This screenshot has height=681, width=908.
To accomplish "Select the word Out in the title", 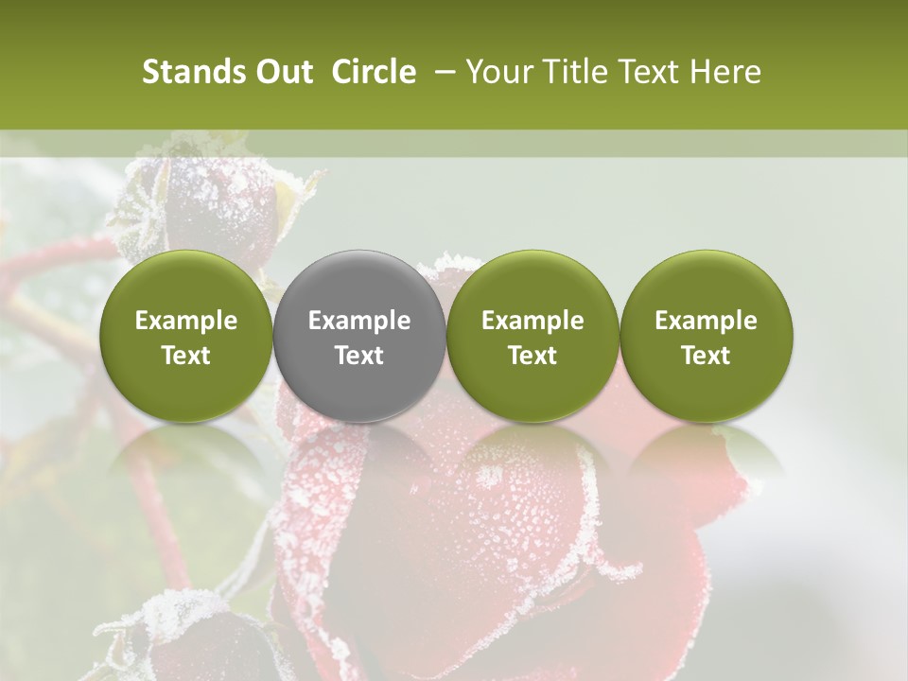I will click(x=282, y=72).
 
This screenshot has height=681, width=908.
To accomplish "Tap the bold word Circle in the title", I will click(x=374, y=72).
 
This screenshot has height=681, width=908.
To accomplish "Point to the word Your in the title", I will click(x=499, y=72).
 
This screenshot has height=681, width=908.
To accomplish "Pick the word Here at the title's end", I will click(x=726, y=72).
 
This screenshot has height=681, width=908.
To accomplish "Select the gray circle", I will click(x=359, y=336).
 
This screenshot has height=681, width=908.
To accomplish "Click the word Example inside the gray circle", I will click(x=359, y=321).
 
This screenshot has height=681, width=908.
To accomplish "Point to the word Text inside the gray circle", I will click(x=359, y=356).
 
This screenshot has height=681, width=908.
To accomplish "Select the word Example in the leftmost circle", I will click(x=186, y=321).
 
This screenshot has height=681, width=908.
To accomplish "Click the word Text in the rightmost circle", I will click(x=706, y=356).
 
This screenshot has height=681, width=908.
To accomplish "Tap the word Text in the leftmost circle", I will click(x=186, y=356).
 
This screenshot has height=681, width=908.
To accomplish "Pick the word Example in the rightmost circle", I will click(x=706, y=321).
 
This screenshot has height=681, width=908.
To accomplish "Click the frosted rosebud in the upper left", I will click(x=218, y=208).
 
